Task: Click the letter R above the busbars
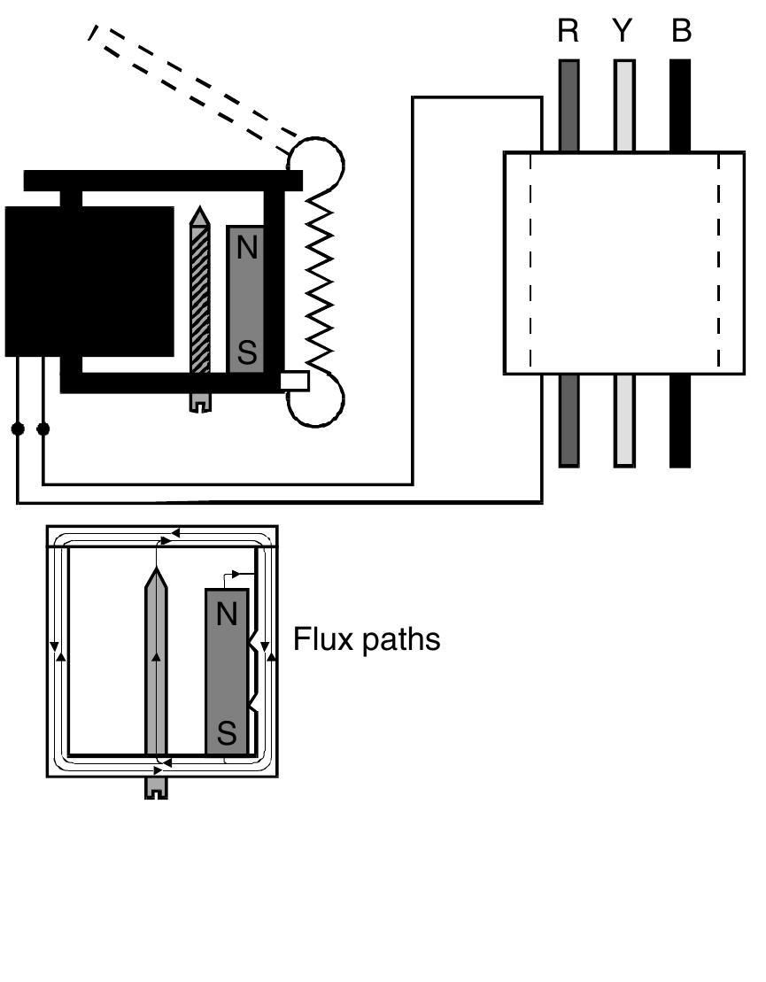click(568, 32)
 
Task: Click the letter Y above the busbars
click(623, 32)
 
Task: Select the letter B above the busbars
click(680, 32)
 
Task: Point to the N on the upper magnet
click(246, 249)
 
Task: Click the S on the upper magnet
click(246, 353)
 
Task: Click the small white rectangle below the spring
click(294, 381)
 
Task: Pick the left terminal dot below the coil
click(17, 429)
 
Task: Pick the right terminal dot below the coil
click(43, 429)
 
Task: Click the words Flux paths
click(366, 638)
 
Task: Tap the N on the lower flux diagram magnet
click(227, 614)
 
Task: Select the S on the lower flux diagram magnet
click(227, 733)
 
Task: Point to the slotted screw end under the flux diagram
click(156, 789)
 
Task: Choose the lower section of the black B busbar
click(679, 421)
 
